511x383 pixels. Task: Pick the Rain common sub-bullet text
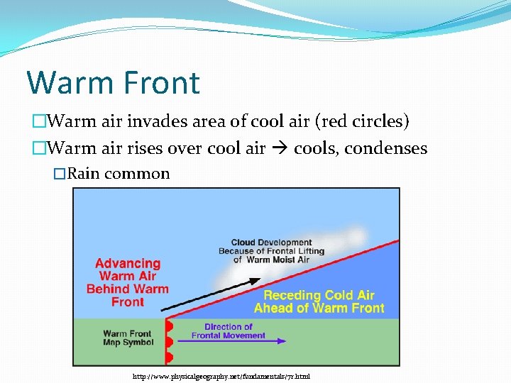119,174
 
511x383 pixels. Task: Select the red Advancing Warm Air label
128,282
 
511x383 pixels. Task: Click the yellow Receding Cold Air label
319,301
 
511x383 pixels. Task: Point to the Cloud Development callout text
271,251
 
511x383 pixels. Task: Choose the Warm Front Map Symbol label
128,338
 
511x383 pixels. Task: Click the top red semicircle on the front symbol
169,327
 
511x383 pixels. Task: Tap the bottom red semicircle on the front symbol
169,357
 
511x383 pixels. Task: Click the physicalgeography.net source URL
221,376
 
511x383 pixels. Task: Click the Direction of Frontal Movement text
229,331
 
